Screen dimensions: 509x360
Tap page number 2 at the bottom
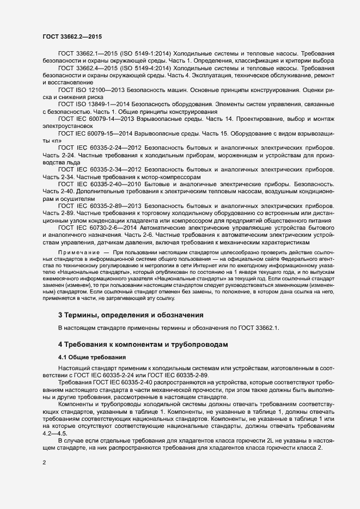(44, 463)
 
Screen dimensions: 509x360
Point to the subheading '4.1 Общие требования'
(92, 357)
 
